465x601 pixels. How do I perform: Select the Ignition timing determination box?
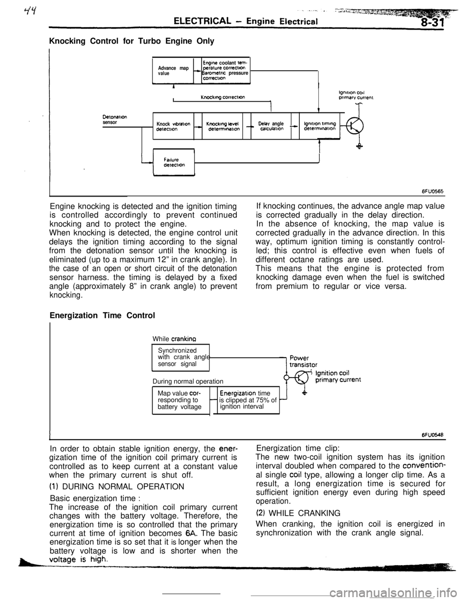point(320,127)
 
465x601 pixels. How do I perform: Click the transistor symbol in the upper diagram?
point(355,126)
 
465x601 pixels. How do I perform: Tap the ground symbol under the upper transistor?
point(359,148)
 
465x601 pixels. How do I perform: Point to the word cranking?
point(183,340)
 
